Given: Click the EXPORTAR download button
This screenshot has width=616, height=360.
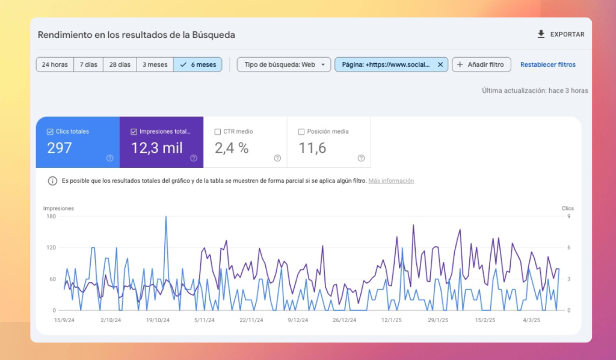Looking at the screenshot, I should tap(561, 34).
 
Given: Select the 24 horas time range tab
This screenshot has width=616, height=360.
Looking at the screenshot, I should tap(55, 64).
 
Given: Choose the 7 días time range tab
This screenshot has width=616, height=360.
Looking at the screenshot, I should tap(88, 64).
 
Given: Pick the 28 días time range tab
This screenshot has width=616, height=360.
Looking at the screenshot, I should tap(120, 64).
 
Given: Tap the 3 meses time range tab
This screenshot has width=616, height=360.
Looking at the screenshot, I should tap(155, 64).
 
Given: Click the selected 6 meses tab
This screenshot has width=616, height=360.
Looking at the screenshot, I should tap(198, 64).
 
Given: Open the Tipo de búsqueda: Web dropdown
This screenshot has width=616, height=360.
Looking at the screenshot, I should tap(284, 64).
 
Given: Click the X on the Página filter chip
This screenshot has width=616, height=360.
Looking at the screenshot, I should tap(440, 64).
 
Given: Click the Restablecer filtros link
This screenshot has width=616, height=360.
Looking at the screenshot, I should tap(547, 64).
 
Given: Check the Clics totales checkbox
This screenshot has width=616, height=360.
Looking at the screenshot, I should tap(50, 131).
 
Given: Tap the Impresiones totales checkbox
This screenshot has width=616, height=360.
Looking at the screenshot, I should tap(134, 131).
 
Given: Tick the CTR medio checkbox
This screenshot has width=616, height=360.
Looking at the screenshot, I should tap(217, 131).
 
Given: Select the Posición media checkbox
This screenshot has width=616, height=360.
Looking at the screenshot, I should tap(301, 131).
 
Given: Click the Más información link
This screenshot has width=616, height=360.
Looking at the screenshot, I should tap(391, 181).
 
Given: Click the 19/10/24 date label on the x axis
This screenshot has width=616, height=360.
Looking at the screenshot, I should tap(158, 320).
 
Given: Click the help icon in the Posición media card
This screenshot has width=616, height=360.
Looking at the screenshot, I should tap(361, 158).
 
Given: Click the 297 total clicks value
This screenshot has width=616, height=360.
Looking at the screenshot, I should tap(60, 148).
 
